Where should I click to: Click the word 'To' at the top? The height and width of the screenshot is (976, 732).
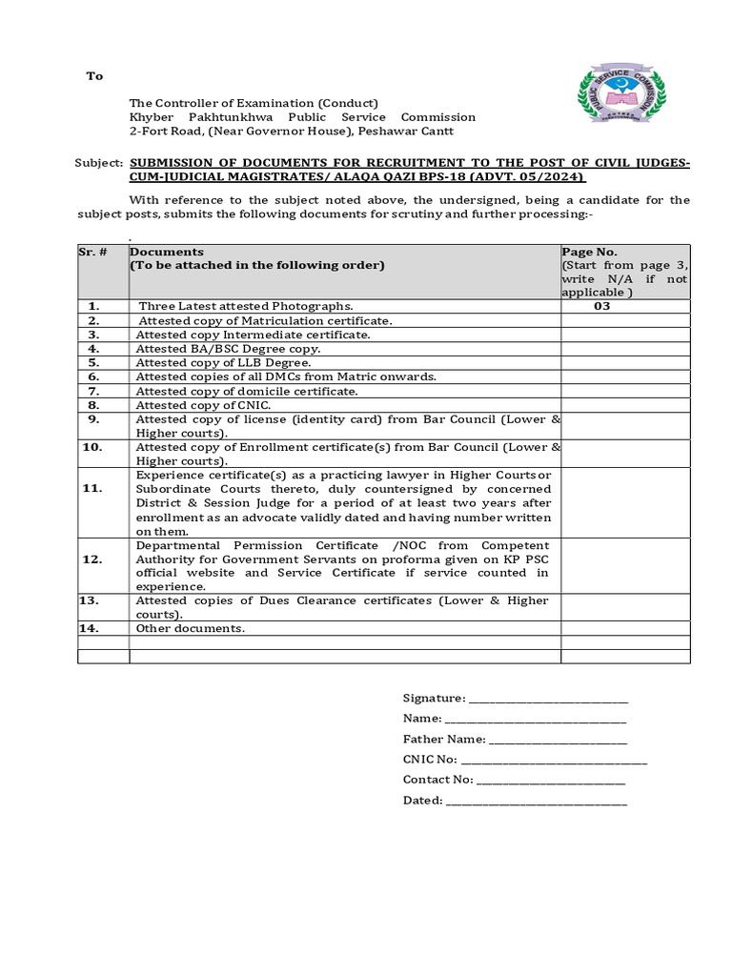pyautogui.click(x=94, y=76)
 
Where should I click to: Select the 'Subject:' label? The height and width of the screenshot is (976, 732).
pyautogui.click(x=99, y=163)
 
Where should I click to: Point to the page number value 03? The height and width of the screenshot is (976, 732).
pyautogui.click(x=601, y=307)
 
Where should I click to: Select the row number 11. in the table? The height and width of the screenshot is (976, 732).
pyautogui.click(x=92, y=488)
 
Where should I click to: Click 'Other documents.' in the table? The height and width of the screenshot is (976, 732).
pyautogui.click(x=191, y=628)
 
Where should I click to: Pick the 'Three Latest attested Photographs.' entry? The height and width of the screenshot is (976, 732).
pyautogui.click(x=246, y=307)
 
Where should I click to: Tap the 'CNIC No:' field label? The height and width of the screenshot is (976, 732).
pyautogui.click(x=430, y=760)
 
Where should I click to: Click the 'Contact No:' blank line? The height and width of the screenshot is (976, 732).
pyautogui.click(x=550, y=780)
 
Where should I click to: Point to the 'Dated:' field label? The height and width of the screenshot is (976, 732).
pyautogui.click(x=422, y=801)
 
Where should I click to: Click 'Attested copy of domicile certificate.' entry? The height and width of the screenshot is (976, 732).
pyautogui.click(x=247, y=391)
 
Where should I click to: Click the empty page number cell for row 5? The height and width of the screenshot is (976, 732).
pyautogui.click(x=624, y=363)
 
